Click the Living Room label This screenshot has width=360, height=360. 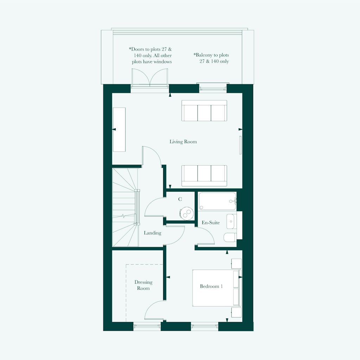pyautogui.click(x=183, y=142)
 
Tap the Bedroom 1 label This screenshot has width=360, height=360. pyautogui.click(x=211, y=286)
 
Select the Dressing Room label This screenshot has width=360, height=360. pyautogui.click(x=143, y=285)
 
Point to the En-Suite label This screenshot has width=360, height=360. pyautogui.click(x=211, y=223)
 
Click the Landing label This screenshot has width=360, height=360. pyautogui.click(x=153, y=233)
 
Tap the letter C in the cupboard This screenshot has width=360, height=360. pyautogui.click(x=180, y=199)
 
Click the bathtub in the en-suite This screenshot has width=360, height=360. pyautogui.click(x=217, y=201)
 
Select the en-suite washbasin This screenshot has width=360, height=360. pyautogui.click(x=230, y=221)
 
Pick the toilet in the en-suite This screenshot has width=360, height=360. pyautogui.click(x=230, y=237)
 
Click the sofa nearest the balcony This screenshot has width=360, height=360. pyautogui.click(x=204, y=110)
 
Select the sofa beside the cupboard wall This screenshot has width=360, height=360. pyautogui.click(x=204, y=176)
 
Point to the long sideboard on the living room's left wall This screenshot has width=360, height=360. pyautogui.click(x=120, y=129)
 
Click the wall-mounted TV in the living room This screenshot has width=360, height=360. pyautogui.click(x=240, y=145)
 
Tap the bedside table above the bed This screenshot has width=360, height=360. pyautogui.click(x=236, y=264)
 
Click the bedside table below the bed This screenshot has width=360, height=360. pyautogui.click(x=236, y=313)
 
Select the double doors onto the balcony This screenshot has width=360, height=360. pyautogui.click(x=150, y=78)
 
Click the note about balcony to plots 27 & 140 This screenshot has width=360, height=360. pyautogui.click(x=211, y=58)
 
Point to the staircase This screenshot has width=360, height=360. pyautogui.click(x=126, y=207)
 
